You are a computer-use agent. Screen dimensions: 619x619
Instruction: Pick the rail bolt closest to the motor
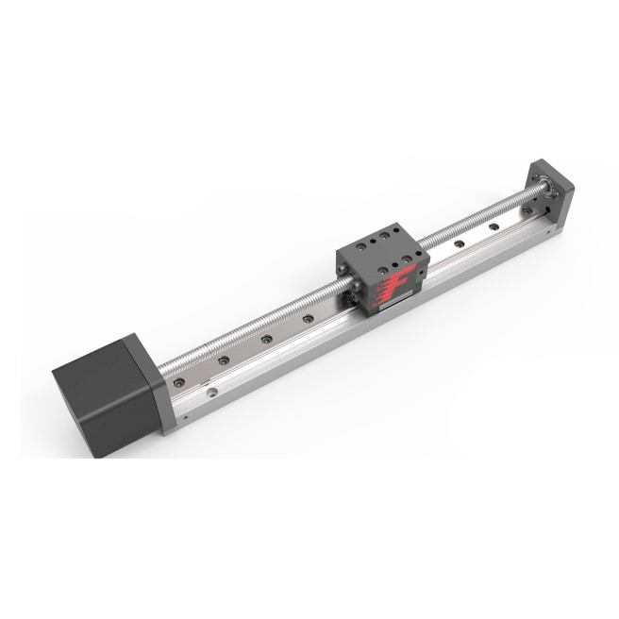[x=180, y=382]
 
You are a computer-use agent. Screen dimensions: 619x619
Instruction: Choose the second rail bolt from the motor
[x=223, y=360]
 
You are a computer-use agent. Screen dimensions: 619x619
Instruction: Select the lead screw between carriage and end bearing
[x=481, y=211]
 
